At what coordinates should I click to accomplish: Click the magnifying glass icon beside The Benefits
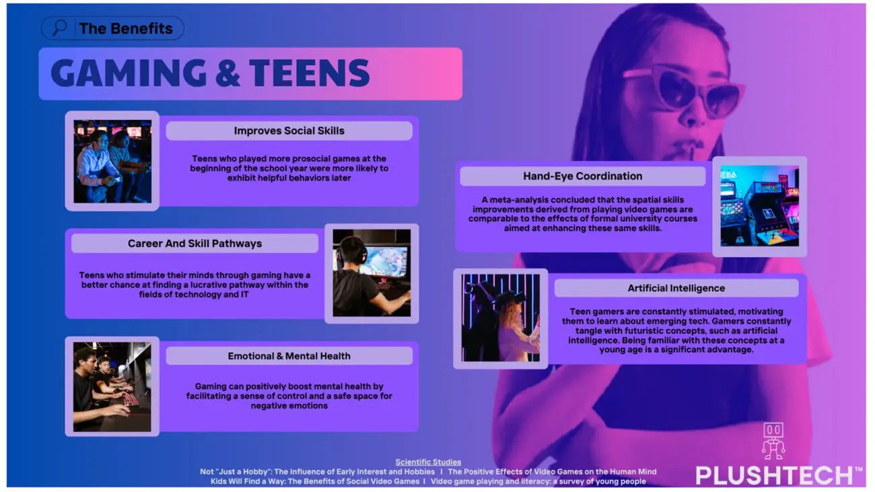(60, 28)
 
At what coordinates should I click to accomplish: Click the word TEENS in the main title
(310, 73)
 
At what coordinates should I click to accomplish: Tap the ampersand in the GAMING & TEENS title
(228, 73)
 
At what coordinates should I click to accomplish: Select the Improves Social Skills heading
(289, 131)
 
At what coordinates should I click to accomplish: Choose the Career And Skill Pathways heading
(195, 243)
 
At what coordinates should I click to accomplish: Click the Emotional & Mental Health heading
(289, 356)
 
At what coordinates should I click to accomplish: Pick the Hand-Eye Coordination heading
(582, 176)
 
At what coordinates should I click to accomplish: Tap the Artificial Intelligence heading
(676, 288)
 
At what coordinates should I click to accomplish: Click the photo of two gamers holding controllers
(112, 162)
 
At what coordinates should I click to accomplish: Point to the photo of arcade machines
(759, 206)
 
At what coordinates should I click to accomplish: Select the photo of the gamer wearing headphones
(372, 273)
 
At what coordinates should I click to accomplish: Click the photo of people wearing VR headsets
(500, 318)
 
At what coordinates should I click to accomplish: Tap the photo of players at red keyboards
(112, 387)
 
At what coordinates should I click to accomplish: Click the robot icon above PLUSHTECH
(773, 442)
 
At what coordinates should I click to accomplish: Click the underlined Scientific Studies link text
(428, 462)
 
